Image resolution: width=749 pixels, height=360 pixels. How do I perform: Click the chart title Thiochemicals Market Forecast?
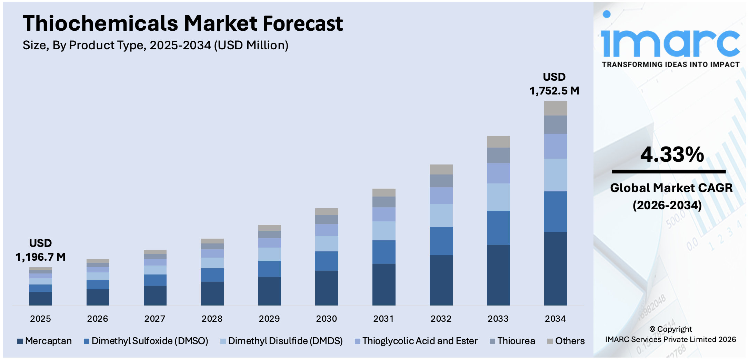point(182,23)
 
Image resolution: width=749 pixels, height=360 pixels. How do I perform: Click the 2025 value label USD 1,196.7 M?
point(40,250)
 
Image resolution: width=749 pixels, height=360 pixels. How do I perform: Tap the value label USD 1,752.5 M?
point(554,84)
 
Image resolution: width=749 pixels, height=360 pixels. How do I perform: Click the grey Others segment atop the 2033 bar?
point(498,142)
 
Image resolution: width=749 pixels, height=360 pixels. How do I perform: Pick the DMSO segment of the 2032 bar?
point(441,241)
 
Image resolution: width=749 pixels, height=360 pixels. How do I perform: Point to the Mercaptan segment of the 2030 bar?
point(326,288)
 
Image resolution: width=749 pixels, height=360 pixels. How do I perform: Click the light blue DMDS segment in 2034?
point(555,175)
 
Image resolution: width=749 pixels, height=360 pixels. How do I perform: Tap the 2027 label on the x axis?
point(154,319)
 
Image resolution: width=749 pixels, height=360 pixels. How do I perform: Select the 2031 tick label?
point(383,319)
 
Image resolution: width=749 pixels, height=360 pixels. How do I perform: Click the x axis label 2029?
point(269,319)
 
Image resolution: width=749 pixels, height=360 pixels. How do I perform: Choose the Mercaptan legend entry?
point(44,341)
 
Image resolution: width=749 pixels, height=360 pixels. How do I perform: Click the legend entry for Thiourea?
point(512,341)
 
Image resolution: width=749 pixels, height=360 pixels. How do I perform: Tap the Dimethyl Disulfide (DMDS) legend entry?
point(281,341)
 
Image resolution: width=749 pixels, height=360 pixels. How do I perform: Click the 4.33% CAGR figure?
point(672,154)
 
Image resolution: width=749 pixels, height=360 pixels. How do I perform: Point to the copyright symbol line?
point(670,329)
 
